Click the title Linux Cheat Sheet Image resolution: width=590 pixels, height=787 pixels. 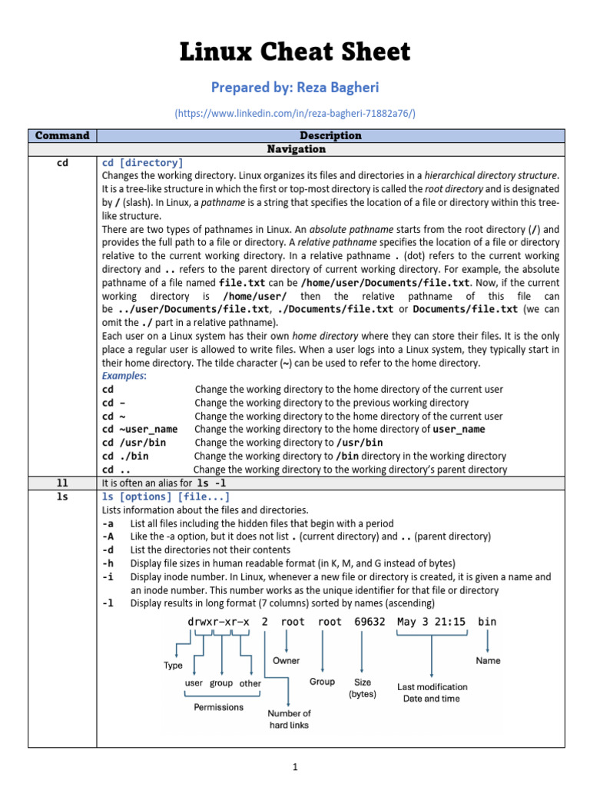point(295,52)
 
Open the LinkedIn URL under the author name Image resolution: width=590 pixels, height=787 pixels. point(295,114)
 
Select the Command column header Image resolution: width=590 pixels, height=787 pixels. point(62,136)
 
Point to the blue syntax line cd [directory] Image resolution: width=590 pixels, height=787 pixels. point(142,163)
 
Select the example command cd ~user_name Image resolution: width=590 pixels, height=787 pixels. point(140,429)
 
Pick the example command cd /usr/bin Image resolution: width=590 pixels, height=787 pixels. point(134,443)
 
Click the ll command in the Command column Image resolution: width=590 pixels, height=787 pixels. point(62,483)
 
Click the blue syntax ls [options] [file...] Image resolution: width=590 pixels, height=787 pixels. point(166,496)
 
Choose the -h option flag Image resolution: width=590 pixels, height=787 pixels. point(108,563)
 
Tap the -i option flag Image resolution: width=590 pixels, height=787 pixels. point(108,576)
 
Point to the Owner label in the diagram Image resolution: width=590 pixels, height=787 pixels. point(287,660)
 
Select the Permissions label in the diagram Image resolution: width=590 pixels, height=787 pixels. point(219,707)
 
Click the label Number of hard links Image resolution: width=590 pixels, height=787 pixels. point(290,719)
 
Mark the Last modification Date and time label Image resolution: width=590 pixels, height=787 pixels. point(432,692)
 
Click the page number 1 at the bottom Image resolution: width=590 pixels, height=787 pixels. point(295,766)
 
